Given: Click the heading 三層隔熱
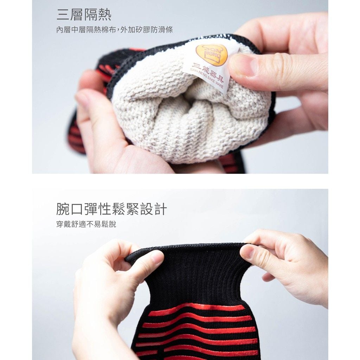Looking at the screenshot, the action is (x=84, y=15).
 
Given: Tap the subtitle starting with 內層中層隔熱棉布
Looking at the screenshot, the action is (x=115, y=30).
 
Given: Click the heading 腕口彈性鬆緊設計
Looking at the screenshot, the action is (x=111, y=209).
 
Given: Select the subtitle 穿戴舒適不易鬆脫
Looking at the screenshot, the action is (x=86, y=224).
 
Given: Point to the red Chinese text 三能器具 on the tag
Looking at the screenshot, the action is (x=208, y=71).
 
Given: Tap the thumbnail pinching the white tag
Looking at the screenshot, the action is (x=243, y=65).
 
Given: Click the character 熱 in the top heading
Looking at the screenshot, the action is (x=105, y=15).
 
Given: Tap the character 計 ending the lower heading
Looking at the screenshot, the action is (x=160, y=209).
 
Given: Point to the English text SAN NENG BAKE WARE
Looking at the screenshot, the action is (x=207, y=78).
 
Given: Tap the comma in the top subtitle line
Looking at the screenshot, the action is (x=119, y=31).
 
